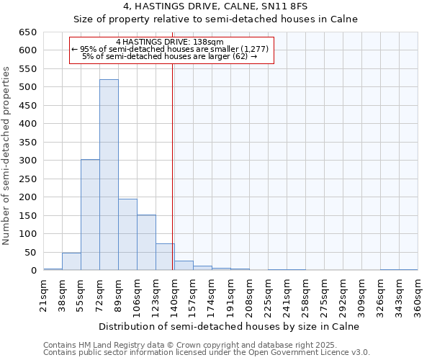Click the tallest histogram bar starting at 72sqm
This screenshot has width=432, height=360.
pos(109,175)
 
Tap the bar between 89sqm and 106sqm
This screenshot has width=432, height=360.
pos(127,235)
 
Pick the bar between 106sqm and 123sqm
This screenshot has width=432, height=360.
pos(146,243)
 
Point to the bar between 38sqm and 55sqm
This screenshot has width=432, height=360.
pos(71,261)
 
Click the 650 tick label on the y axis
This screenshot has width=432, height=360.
pos(27,32)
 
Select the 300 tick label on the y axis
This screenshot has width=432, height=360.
pos(27,161)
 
